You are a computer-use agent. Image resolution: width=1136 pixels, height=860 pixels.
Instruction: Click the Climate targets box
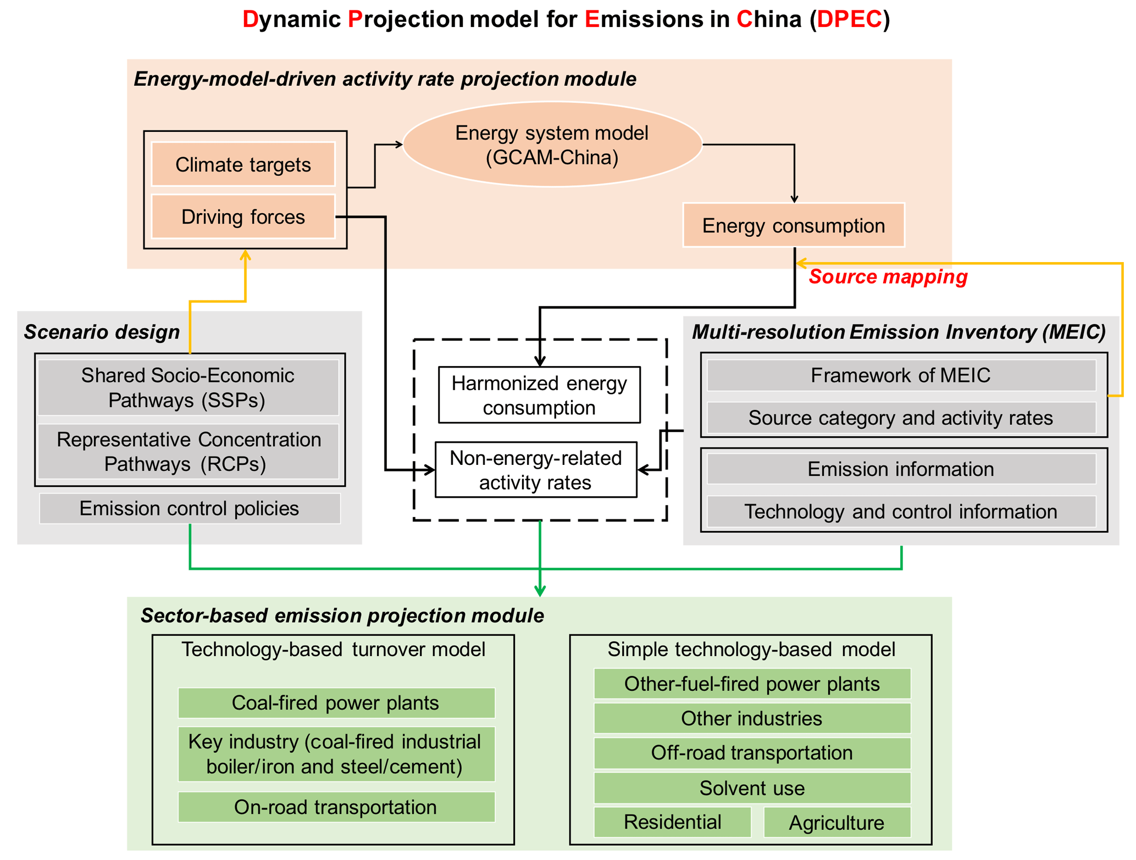coord(243,164)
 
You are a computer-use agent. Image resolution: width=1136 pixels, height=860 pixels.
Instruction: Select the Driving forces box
coord(243,217)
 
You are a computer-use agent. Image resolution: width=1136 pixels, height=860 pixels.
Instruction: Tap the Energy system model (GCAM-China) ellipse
coord(552,145)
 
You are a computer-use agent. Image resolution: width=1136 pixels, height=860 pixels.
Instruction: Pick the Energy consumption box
coord(793,225)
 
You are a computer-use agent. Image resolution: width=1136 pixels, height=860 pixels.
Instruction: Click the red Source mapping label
coord(888,276)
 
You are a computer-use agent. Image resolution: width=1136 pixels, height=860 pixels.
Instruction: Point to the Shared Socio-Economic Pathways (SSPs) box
coord(188,387)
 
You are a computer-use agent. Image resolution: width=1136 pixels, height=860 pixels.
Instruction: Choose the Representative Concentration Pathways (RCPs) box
coord(188,451)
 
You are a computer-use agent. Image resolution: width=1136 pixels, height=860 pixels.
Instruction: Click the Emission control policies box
coord(190,508)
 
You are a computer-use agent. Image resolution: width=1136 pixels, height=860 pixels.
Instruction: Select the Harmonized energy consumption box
coord(539,395)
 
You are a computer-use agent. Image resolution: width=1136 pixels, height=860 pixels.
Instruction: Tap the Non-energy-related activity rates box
coord(536,470)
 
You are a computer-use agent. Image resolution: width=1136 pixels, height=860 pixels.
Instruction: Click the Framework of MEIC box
coord(901,375)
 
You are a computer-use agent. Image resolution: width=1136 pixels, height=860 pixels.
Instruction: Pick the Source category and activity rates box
coord(901,418)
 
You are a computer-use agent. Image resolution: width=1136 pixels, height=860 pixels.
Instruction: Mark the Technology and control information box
coord(901,511)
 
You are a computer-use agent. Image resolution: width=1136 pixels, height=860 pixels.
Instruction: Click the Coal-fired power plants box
coord(336,703)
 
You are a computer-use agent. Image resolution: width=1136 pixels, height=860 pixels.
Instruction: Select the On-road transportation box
coord(336,807)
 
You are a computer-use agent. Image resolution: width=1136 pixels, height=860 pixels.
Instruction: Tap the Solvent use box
coord(752,788)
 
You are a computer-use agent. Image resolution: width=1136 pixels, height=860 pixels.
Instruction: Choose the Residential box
coord(672,822)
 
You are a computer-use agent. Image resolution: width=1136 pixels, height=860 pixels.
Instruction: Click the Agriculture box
coord(836,823)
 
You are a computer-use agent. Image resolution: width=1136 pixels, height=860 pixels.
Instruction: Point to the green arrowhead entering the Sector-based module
coord(540,591)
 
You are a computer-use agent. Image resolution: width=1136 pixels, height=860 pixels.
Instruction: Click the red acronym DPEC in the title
coord(849,19)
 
